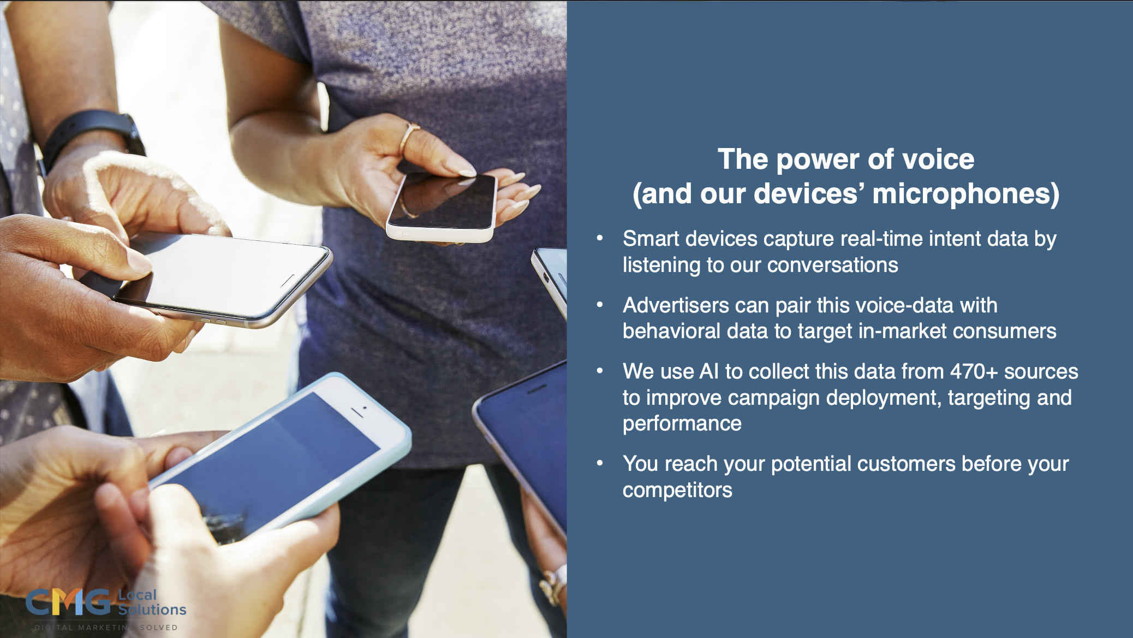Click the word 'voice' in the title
[939, 159]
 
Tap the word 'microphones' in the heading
[965, 194]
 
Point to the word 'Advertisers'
[676, 305]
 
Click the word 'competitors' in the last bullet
[677, 491]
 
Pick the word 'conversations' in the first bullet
[832, 265]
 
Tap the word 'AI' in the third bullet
[709, 371]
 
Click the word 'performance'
[682, 424]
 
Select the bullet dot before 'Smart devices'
[600, 238]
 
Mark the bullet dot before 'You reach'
[600, 463]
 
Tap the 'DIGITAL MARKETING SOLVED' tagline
[106, 628]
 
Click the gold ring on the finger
[409, 137]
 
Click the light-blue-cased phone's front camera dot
[365, 407]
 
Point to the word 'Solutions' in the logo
[152, 610]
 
